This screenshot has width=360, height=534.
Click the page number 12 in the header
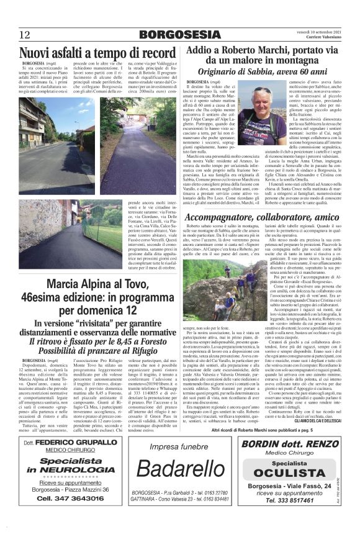pyautogui.click(x=25, y=34)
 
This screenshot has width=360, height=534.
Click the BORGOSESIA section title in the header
pyautogui.click(x=179, y=34)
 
